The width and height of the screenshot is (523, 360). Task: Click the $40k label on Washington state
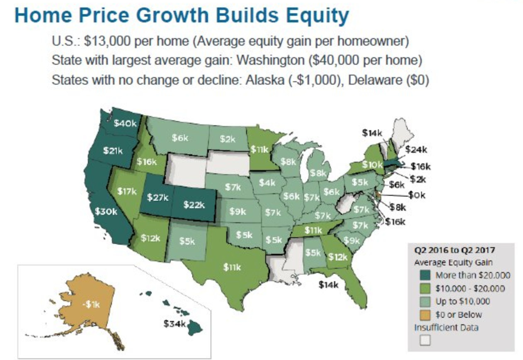point(125,124)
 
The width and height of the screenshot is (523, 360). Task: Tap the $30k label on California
point(106,211)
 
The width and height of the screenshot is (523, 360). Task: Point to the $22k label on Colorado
point(194,204)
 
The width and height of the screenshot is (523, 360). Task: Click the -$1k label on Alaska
point(91,304)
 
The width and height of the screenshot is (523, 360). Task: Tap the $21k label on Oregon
point(113,151)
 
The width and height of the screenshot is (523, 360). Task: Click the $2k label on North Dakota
point(228,139)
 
